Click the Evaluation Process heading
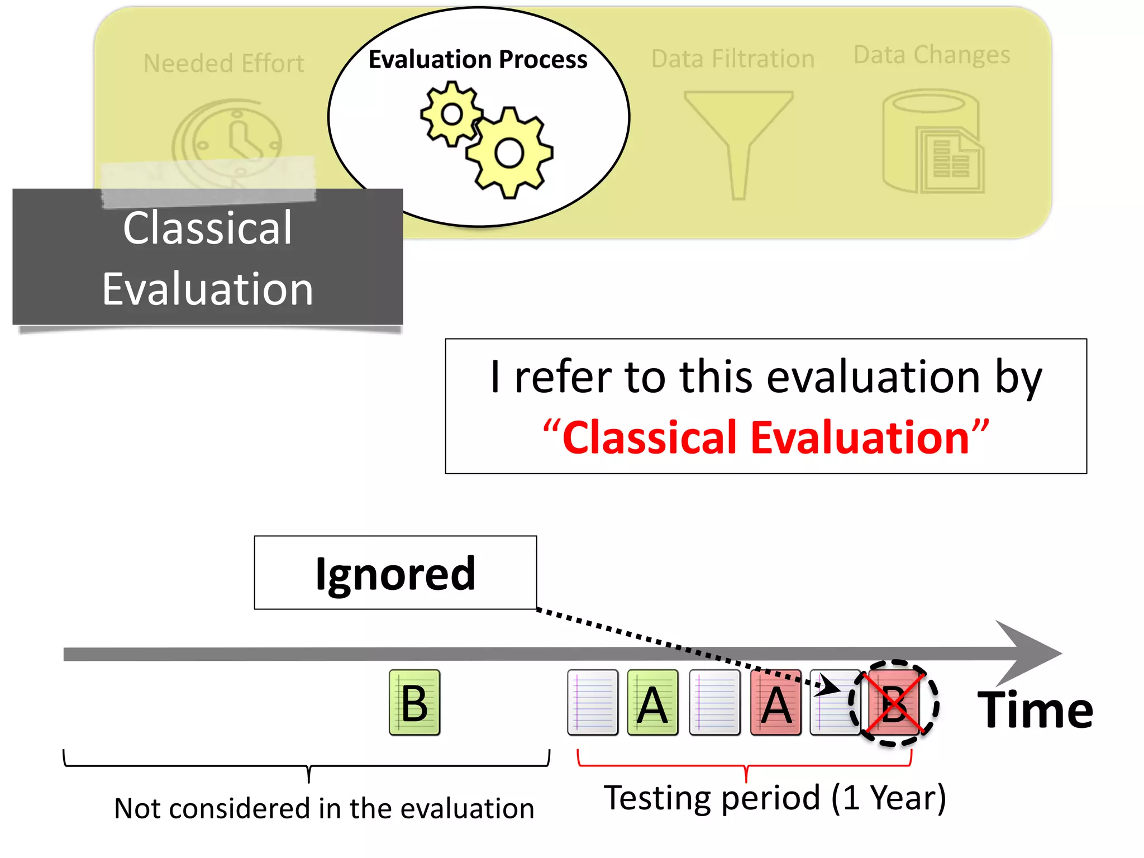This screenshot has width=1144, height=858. click(x=478, y=59)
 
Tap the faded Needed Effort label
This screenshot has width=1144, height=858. click(x=224, y=63)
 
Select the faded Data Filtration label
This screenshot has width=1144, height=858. click(x=733, y=59)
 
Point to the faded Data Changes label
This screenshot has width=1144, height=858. click(x=932, y=55)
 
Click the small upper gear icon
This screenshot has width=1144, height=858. click(x=451, y=115)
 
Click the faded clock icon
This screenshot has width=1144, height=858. click(x=227, y=142)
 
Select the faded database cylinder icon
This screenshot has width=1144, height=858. click(x=932, y=142)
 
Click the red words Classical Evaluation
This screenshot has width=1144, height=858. click(x=765, y=437)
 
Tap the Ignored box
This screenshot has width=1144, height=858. click(x=395, y=573)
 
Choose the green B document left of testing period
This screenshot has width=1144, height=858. click(x=414, y=703)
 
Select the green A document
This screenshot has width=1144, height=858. click(x=652, y=703)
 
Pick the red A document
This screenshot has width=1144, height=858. click(x=776, y=703)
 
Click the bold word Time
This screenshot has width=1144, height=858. click(x=1035, y=710)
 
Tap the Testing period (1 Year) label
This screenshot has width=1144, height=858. click(x=775, y=798)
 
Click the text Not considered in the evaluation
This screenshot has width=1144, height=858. click(x=324, y=808)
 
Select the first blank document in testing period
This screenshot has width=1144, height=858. click(x=593, y=703)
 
